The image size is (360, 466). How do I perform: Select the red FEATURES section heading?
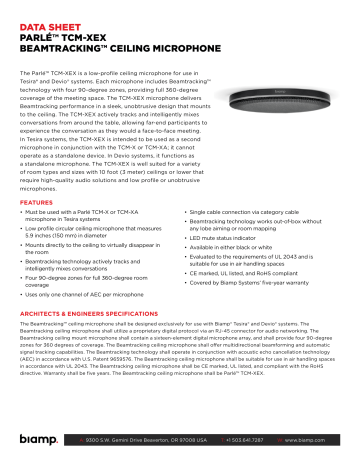pos(37,203)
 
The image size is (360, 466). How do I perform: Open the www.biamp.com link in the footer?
pos(317,440)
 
